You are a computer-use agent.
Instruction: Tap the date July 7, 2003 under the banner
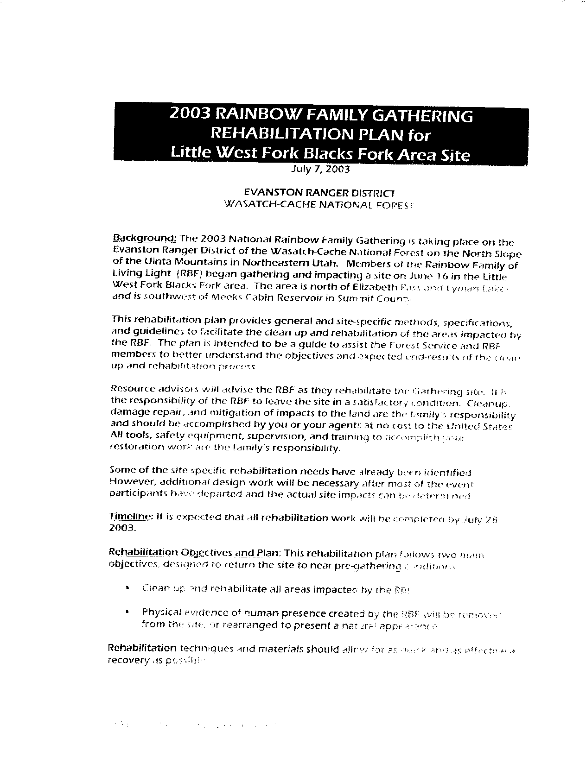pos(320,169)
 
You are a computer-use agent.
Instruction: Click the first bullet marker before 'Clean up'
pos(127,589)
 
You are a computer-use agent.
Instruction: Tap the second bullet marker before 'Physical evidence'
pos(127,612)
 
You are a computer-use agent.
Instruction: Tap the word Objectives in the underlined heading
pos(206,553)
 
